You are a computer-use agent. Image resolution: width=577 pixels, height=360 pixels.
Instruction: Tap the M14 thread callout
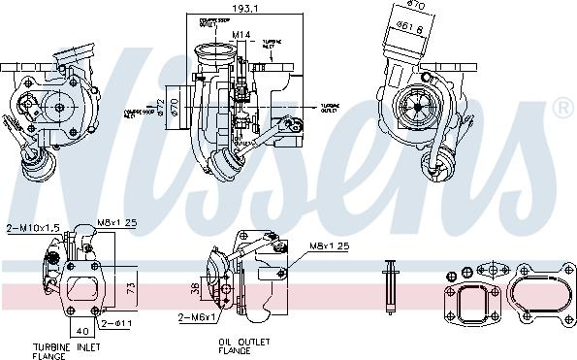click(240, 36)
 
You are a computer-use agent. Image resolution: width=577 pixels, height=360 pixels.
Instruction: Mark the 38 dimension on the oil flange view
click(195, 288)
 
